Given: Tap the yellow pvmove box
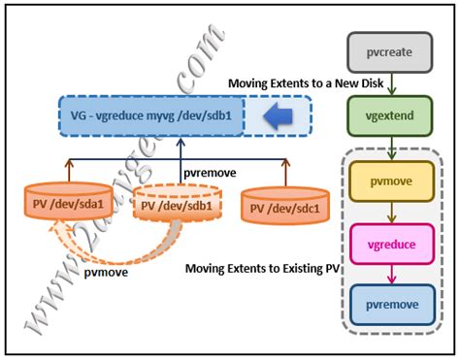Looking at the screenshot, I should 389,181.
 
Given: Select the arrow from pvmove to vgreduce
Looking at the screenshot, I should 389,213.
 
